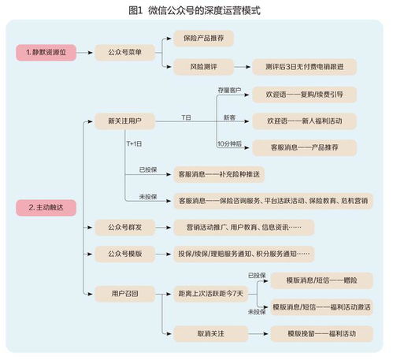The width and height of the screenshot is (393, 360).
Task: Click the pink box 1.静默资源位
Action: (x=46, y=52)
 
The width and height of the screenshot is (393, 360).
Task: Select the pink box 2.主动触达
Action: (x=46, y=207)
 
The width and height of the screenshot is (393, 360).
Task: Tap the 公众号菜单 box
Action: (x=124, y=52)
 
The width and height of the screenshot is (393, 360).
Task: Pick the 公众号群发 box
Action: (x=124, y=228)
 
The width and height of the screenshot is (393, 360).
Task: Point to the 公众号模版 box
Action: (x=124, y=254)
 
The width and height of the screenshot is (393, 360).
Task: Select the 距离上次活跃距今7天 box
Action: (x=210, y=294)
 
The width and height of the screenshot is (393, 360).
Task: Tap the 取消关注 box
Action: (x=210, y=333)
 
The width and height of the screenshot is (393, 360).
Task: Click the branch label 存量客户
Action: (x=229, y=89)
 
